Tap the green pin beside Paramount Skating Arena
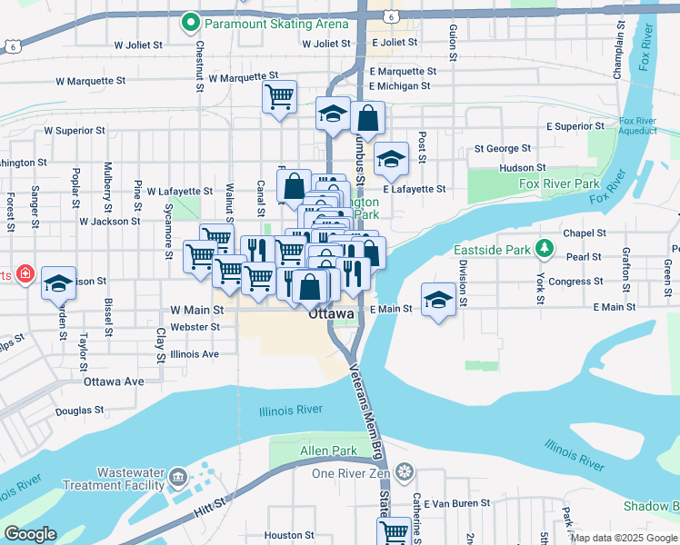[x=190, y=21]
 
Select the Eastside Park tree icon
[x=544, y=247]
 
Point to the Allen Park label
[x=328, y=451]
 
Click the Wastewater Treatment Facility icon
[x=176, y=477]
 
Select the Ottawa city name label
[x=329, y=314]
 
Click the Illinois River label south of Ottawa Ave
[x=290, y=411]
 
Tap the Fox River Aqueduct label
[x=637, y=125]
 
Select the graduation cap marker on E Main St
[x=438, y=300]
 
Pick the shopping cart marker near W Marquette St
[x=280, y=95]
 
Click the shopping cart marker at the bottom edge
[x=395, y=530]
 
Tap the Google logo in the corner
[x=30, y=534]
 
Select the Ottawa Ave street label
[x=114, y=381]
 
